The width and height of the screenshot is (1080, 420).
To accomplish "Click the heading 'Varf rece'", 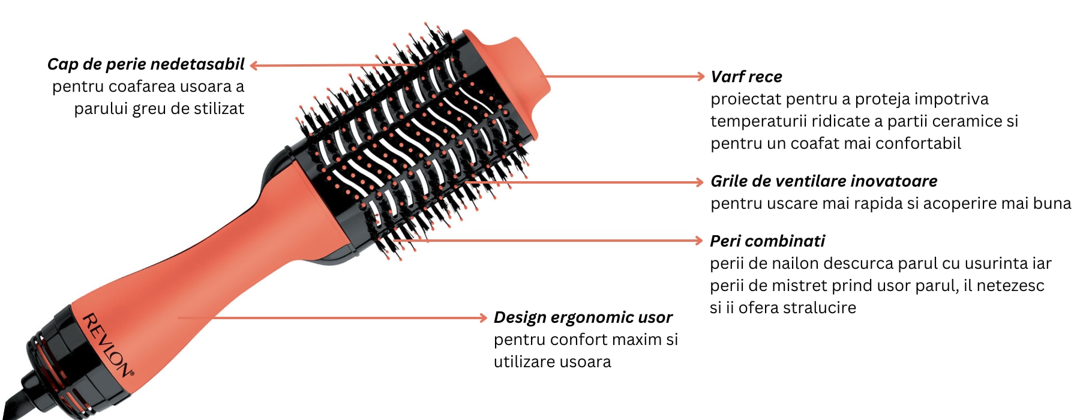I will (746, 77).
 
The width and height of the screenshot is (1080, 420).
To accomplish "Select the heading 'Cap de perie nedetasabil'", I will (146, 64).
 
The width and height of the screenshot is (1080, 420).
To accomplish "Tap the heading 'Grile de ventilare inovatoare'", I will (823, 181).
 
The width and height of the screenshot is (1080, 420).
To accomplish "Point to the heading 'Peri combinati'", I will (767, 241).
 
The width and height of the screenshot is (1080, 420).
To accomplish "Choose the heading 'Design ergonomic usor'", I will (583, 317).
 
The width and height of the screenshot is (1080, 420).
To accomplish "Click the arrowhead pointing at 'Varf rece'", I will (700, 76).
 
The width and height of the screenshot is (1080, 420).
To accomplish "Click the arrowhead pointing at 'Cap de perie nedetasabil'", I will (254, 65).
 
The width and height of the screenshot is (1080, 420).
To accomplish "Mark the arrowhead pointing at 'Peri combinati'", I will (698, 241).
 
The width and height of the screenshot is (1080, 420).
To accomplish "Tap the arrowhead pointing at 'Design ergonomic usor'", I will (483, 317).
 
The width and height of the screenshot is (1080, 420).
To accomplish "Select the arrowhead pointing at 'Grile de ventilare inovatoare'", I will (699, 182).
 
